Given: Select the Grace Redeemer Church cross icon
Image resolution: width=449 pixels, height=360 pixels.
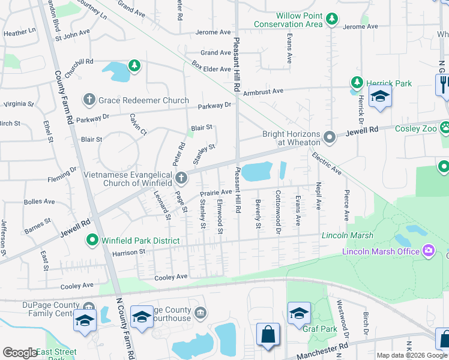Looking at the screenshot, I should [89, 99].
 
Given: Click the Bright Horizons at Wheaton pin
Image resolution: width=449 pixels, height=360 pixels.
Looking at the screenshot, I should [329, 137].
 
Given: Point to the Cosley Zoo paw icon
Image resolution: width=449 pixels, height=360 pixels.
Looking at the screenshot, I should [445, 127].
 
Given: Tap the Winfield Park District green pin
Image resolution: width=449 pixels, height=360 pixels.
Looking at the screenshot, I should [92, 241].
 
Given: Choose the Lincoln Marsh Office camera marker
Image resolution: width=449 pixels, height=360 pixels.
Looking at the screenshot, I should [429, 250].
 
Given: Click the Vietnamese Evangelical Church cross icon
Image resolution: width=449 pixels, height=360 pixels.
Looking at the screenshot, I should [182, 177].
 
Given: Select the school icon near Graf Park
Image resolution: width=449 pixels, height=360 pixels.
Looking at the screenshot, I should [299, 314].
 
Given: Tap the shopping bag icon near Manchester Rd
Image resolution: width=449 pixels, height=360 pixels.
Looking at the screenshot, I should [267, 335].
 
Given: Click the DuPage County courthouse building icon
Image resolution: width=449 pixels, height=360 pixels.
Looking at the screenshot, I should [201, 312].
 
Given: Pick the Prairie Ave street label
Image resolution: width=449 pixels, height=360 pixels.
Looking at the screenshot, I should [215, 192].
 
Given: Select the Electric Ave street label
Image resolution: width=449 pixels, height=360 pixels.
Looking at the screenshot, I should [327, 163].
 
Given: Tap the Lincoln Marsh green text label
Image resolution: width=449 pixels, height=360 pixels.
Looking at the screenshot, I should [343, 235].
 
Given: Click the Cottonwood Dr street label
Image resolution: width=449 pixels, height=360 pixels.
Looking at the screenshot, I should [278, 209].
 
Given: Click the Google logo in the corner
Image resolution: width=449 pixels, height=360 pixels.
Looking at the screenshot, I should [20, 353].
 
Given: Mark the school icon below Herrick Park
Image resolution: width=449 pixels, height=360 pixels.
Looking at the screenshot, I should [379, 98].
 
